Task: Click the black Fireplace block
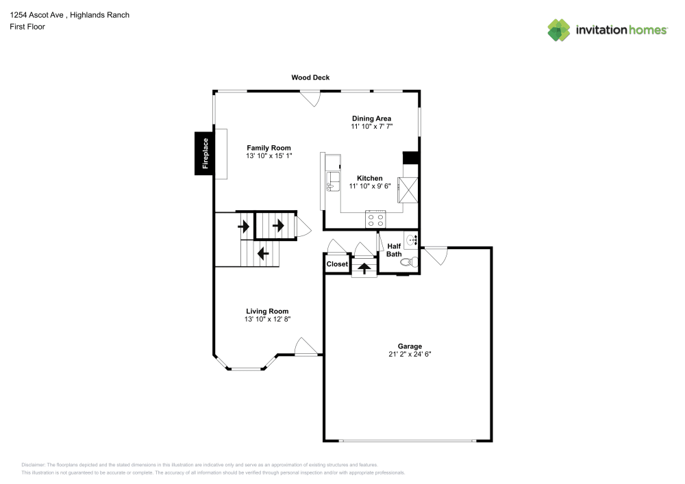(x=203, y=153)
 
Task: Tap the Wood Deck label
(x=310, y=77)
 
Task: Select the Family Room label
(x=269, y=148)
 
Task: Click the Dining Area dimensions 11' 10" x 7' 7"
(x=371, y=127)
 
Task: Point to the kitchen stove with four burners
(x=375, y=220)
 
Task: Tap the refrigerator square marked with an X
(x=410, y=190)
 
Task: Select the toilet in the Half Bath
(x=408, y=261)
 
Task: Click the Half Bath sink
(x=412, y=240)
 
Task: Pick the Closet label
(x=337, y=264)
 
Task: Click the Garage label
(x=410, y=346)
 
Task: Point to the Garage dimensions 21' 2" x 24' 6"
(x=410, y=354)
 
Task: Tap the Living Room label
(x=267, y=311)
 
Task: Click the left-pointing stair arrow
(x=263, y=253)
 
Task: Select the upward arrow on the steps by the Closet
(x=364, y=267)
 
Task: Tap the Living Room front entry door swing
(x=306, y=347)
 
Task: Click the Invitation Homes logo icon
(x=559, y=29)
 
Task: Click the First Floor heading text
(x=27, y=27)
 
